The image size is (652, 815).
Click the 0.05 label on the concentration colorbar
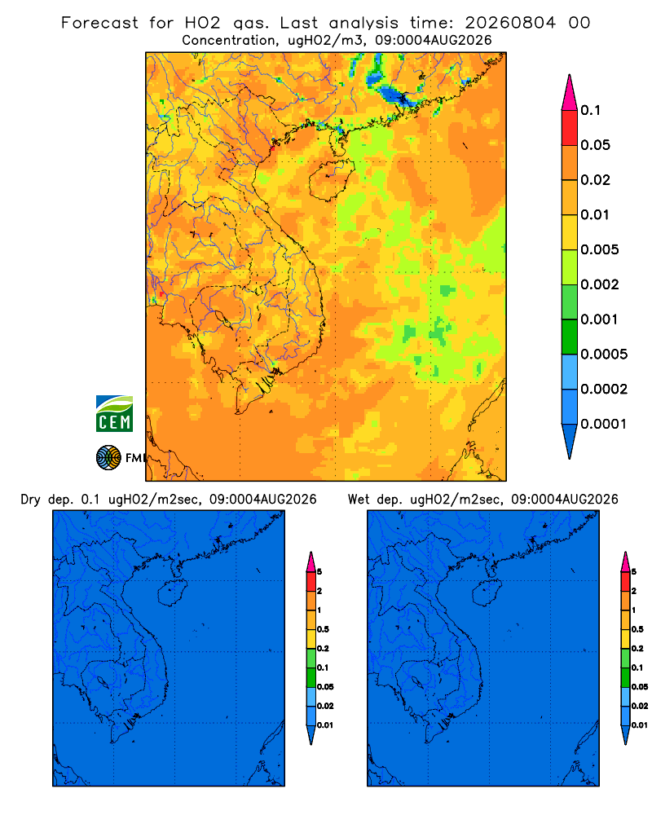pyautogui.click(x=595, y=145)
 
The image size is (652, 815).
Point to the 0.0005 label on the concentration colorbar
pyautogui.click(x=604, y=355)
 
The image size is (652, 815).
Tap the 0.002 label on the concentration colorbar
pyautogui.click(x=600, y=284)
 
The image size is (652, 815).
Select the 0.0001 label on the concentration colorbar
pyautogui.click(x=604, y=424)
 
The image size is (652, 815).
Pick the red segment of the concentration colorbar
pyautogui.click(x=570, y=128)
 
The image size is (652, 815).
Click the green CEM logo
pyautogui.click(x=114, y=414)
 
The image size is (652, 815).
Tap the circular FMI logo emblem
pyautogui.click(x=108, y=458)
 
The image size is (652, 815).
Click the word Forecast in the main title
pyautogui.click(x=99, y=23)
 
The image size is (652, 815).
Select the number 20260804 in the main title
pyautogui.click(x=510, y=23)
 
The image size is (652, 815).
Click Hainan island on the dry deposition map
pyautogui.click(x=173, y=593)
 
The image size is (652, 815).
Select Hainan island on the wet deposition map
pyautogui.click(x=487, y=593)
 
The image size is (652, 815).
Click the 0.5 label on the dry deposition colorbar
pyautogui.click(x=323, y=629)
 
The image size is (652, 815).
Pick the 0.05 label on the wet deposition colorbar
pyautogui.click(x=640, y=687)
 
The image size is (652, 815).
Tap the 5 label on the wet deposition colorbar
pyautogui.click(x=634, y=572)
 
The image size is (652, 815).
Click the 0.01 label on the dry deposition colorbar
pyautogui.click(x=325, y=725)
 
